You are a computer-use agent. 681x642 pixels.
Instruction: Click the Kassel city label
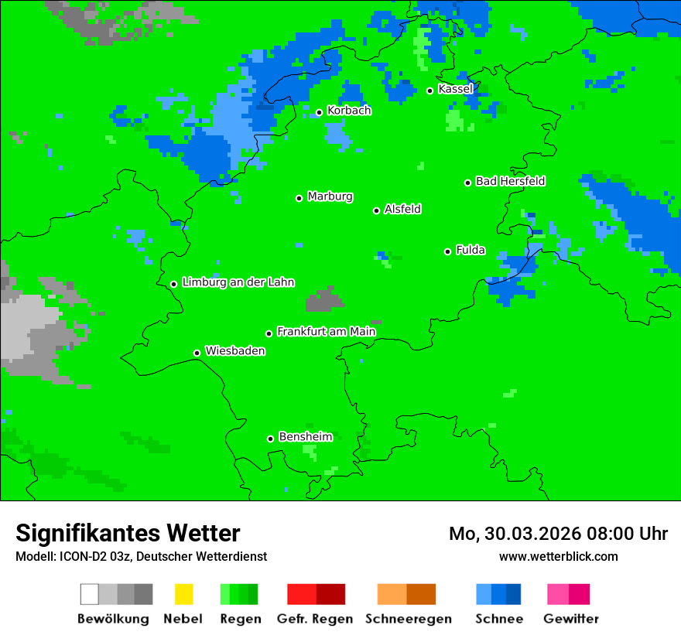pos(455,89)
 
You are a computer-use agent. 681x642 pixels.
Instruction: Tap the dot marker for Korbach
pos(319,112)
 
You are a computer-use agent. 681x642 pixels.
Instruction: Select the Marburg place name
pos(330,196)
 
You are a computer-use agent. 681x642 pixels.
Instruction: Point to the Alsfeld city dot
pos(377,210)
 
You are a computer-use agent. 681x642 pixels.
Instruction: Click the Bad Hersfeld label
pos(510,181)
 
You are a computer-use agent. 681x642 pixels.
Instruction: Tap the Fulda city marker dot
pos(448,251)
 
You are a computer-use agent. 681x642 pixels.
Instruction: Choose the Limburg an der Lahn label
pos(238,282)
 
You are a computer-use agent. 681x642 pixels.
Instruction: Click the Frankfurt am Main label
pos(326,331)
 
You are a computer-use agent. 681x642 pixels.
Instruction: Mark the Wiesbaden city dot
pos(197,353)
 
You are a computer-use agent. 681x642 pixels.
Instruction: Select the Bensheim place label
pos(305,437)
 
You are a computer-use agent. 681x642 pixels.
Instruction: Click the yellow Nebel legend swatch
pos(183,594)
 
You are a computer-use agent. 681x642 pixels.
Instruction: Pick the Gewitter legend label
pos(570,619)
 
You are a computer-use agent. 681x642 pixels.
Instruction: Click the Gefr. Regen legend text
pos(315,619)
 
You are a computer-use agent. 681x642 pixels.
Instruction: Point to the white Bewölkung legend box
pos(90,594)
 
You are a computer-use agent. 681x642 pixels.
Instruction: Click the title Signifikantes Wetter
pos(128,533)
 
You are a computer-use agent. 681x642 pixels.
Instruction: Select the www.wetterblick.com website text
pos(558,556)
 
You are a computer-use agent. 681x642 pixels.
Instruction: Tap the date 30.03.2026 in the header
pos(522,534)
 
